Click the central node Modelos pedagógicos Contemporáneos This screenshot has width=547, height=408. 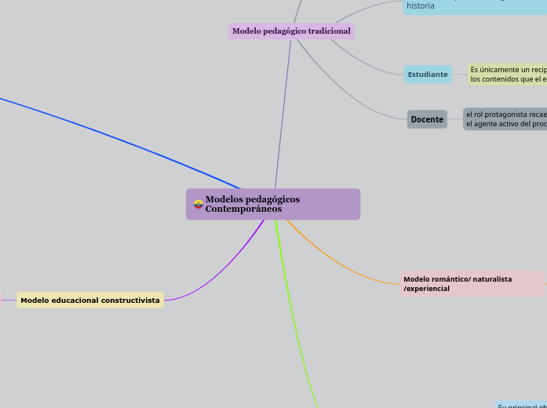pyautogui.click(x=273, y=204)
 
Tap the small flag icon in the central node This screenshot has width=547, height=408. pyautogui.click(x=199, y=204)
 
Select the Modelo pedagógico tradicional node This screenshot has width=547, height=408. pyautogui.click(x=291, y=31)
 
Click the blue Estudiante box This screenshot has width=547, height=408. pyautogui.click(x=428, y=75)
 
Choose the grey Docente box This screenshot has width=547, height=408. pyautogui.click(x=427, y=119)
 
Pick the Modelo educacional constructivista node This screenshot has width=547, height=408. pyautogui.click(x=90, y=300)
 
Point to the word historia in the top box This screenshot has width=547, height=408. pyautogui.click(x=421, y=5)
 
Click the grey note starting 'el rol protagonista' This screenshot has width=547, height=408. pyautogui.click(x=505, y=119)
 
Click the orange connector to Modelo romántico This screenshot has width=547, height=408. pyautogui.click(x=337, y=263)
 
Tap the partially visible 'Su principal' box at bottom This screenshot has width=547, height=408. pyautogui.click(x=521, y=405)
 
